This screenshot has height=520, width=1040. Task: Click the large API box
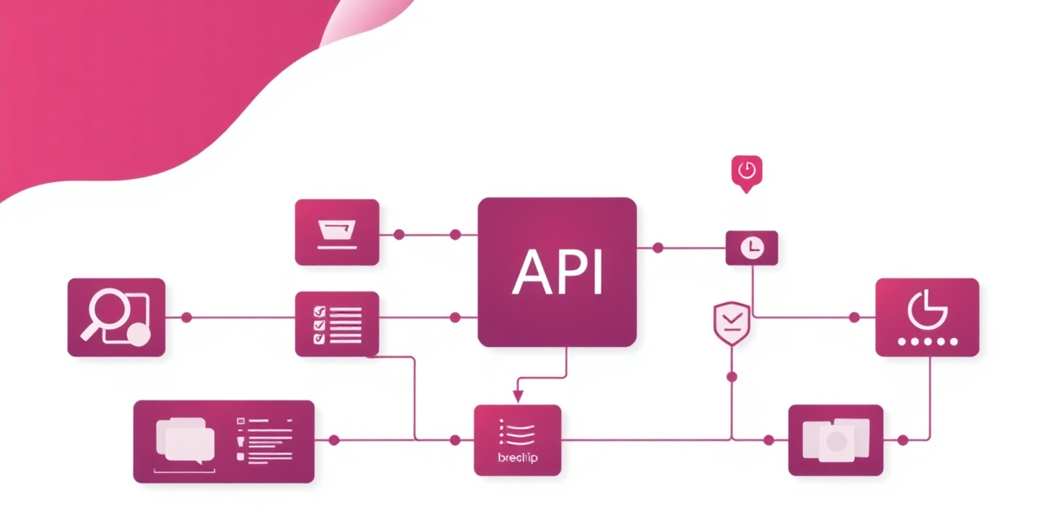[x=557, y=272]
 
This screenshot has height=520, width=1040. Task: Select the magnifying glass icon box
[x=116, y=317]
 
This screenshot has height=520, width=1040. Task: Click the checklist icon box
[x=336, y=323]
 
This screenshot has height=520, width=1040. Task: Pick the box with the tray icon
[x=336, y=232]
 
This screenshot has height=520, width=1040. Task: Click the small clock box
[x=751, y=247]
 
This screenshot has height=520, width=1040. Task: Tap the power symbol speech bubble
[x=747, y=172]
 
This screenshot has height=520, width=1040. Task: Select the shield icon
[x=731, y=323]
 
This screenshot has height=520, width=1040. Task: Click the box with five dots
[x=926, y=317]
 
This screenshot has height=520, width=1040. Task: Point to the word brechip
[x=517, y=458]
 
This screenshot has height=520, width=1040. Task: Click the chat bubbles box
[x=223, y=441]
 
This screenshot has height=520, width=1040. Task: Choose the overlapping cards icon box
[x=835, y=440]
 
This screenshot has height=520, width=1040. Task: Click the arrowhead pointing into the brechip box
[x=517, y=396]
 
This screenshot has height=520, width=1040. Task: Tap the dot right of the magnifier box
[x=186, y=317]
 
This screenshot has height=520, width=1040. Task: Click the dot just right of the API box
[x=657, y=247]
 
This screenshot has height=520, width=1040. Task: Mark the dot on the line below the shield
[x=731, y=376]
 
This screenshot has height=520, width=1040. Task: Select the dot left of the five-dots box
[x=854, y=317]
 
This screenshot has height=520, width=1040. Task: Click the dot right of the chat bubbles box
[x=333, y=440]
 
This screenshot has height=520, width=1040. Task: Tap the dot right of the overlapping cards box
[x=903, y=440]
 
